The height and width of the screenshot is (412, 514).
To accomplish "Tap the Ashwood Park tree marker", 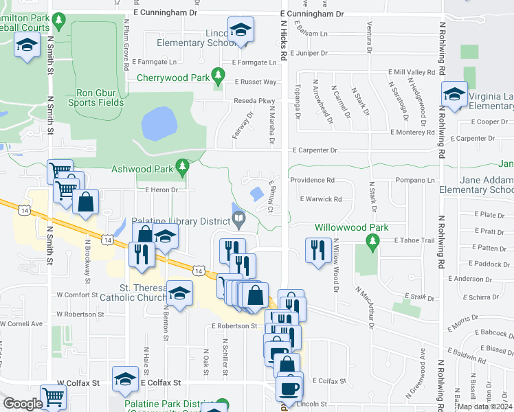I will point(182,167).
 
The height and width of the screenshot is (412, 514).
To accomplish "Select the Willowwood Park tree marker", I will point(372,240).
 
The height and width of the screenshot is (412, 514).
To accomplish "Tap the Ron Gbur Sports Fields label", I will point(100,98).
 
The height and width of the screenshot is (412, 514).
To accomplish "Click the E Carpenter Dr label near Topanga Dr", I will point(315,150).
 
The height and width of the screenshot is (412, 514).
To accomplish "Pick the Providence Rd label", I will point(311,181).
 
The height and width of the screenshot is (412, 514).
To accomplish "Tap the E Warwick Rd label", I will point(320,199).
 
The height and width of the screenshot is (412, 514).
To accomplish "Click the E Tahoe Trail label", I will point(415,240).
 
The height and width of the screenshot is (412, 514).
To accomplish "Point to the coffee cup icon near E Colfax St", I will point(289,387).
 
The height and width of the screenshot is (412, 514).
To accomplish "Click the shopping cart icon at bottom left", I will point(53,396).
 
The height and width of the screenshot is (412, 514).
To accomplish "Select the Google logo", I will point(23,404).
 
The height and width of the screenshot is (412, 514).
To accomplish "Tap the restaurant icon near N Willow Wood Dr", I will point(315,249).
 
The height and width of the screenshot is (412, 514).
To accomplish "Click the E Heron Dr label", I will point(161,190).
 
